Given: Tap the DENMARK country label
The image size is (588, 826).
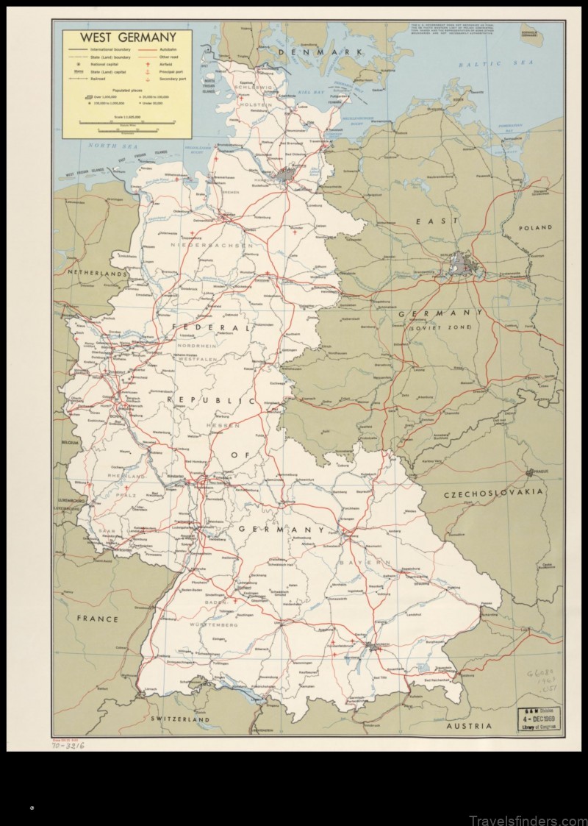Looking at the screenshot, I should [326, 51].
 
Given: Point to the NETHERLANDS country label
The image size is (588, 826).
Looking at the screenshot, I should [96, 272].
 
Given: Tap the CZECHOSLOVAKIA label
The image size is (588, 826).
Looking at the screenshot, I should [493, 491].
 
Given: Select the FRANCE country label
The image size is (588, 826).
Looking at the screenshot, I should [97, 619].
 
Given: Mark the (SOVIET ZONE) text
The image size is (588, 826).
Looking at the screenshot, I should [440, 326].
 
